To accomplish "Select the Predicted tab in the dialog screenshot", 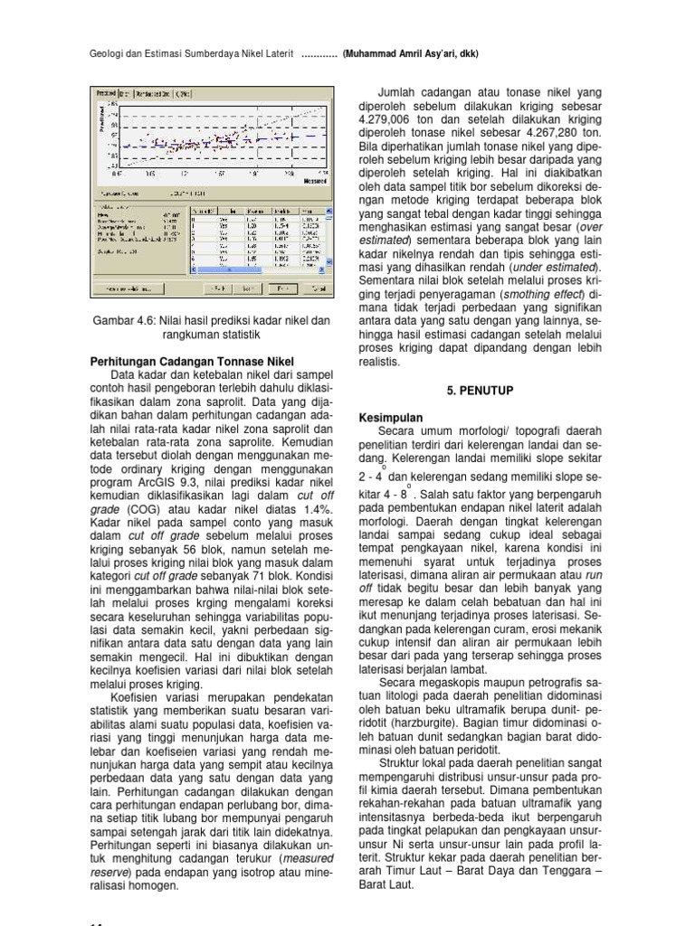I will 108,92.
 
